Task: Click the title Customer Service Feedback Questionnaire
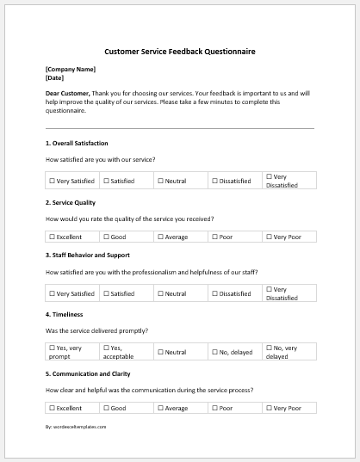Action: pyautogui.click(x=179, y=52)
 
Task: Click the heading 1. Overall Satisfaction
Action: pyautogui.click(x=77, y=143)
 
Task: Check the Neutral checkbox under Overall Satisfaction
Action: pyautogui.click(x=160, y=182)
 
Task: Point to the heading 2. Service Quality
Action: pyautogui.click(x=70, y=202)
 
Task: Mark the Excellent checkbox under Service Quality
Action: pyautogui.click(x=53, y=236)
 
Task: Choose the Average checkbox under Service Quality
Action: pyautogui.click(x=160, y=236)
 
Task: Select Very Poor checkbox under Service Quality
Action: pyautogui.click(x=268, y=236)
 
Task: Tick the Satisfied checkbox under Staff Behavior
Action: pyautogui.click(x=107, y=293)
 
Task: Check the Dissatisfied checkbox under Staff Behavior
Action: pyautogui.click(x=214, y=293)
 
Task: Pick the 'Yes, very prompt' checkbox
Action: pyautogui.click(x=53, y=348)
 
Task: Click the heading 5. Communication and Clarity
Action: pyautogui.click(x=92, y=373)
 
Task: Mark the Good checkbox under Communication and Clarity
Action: pyautogui.click(x=107, y=408)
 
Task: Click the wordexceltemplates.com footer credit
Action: pyautogui.click(x=77, y=426)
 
